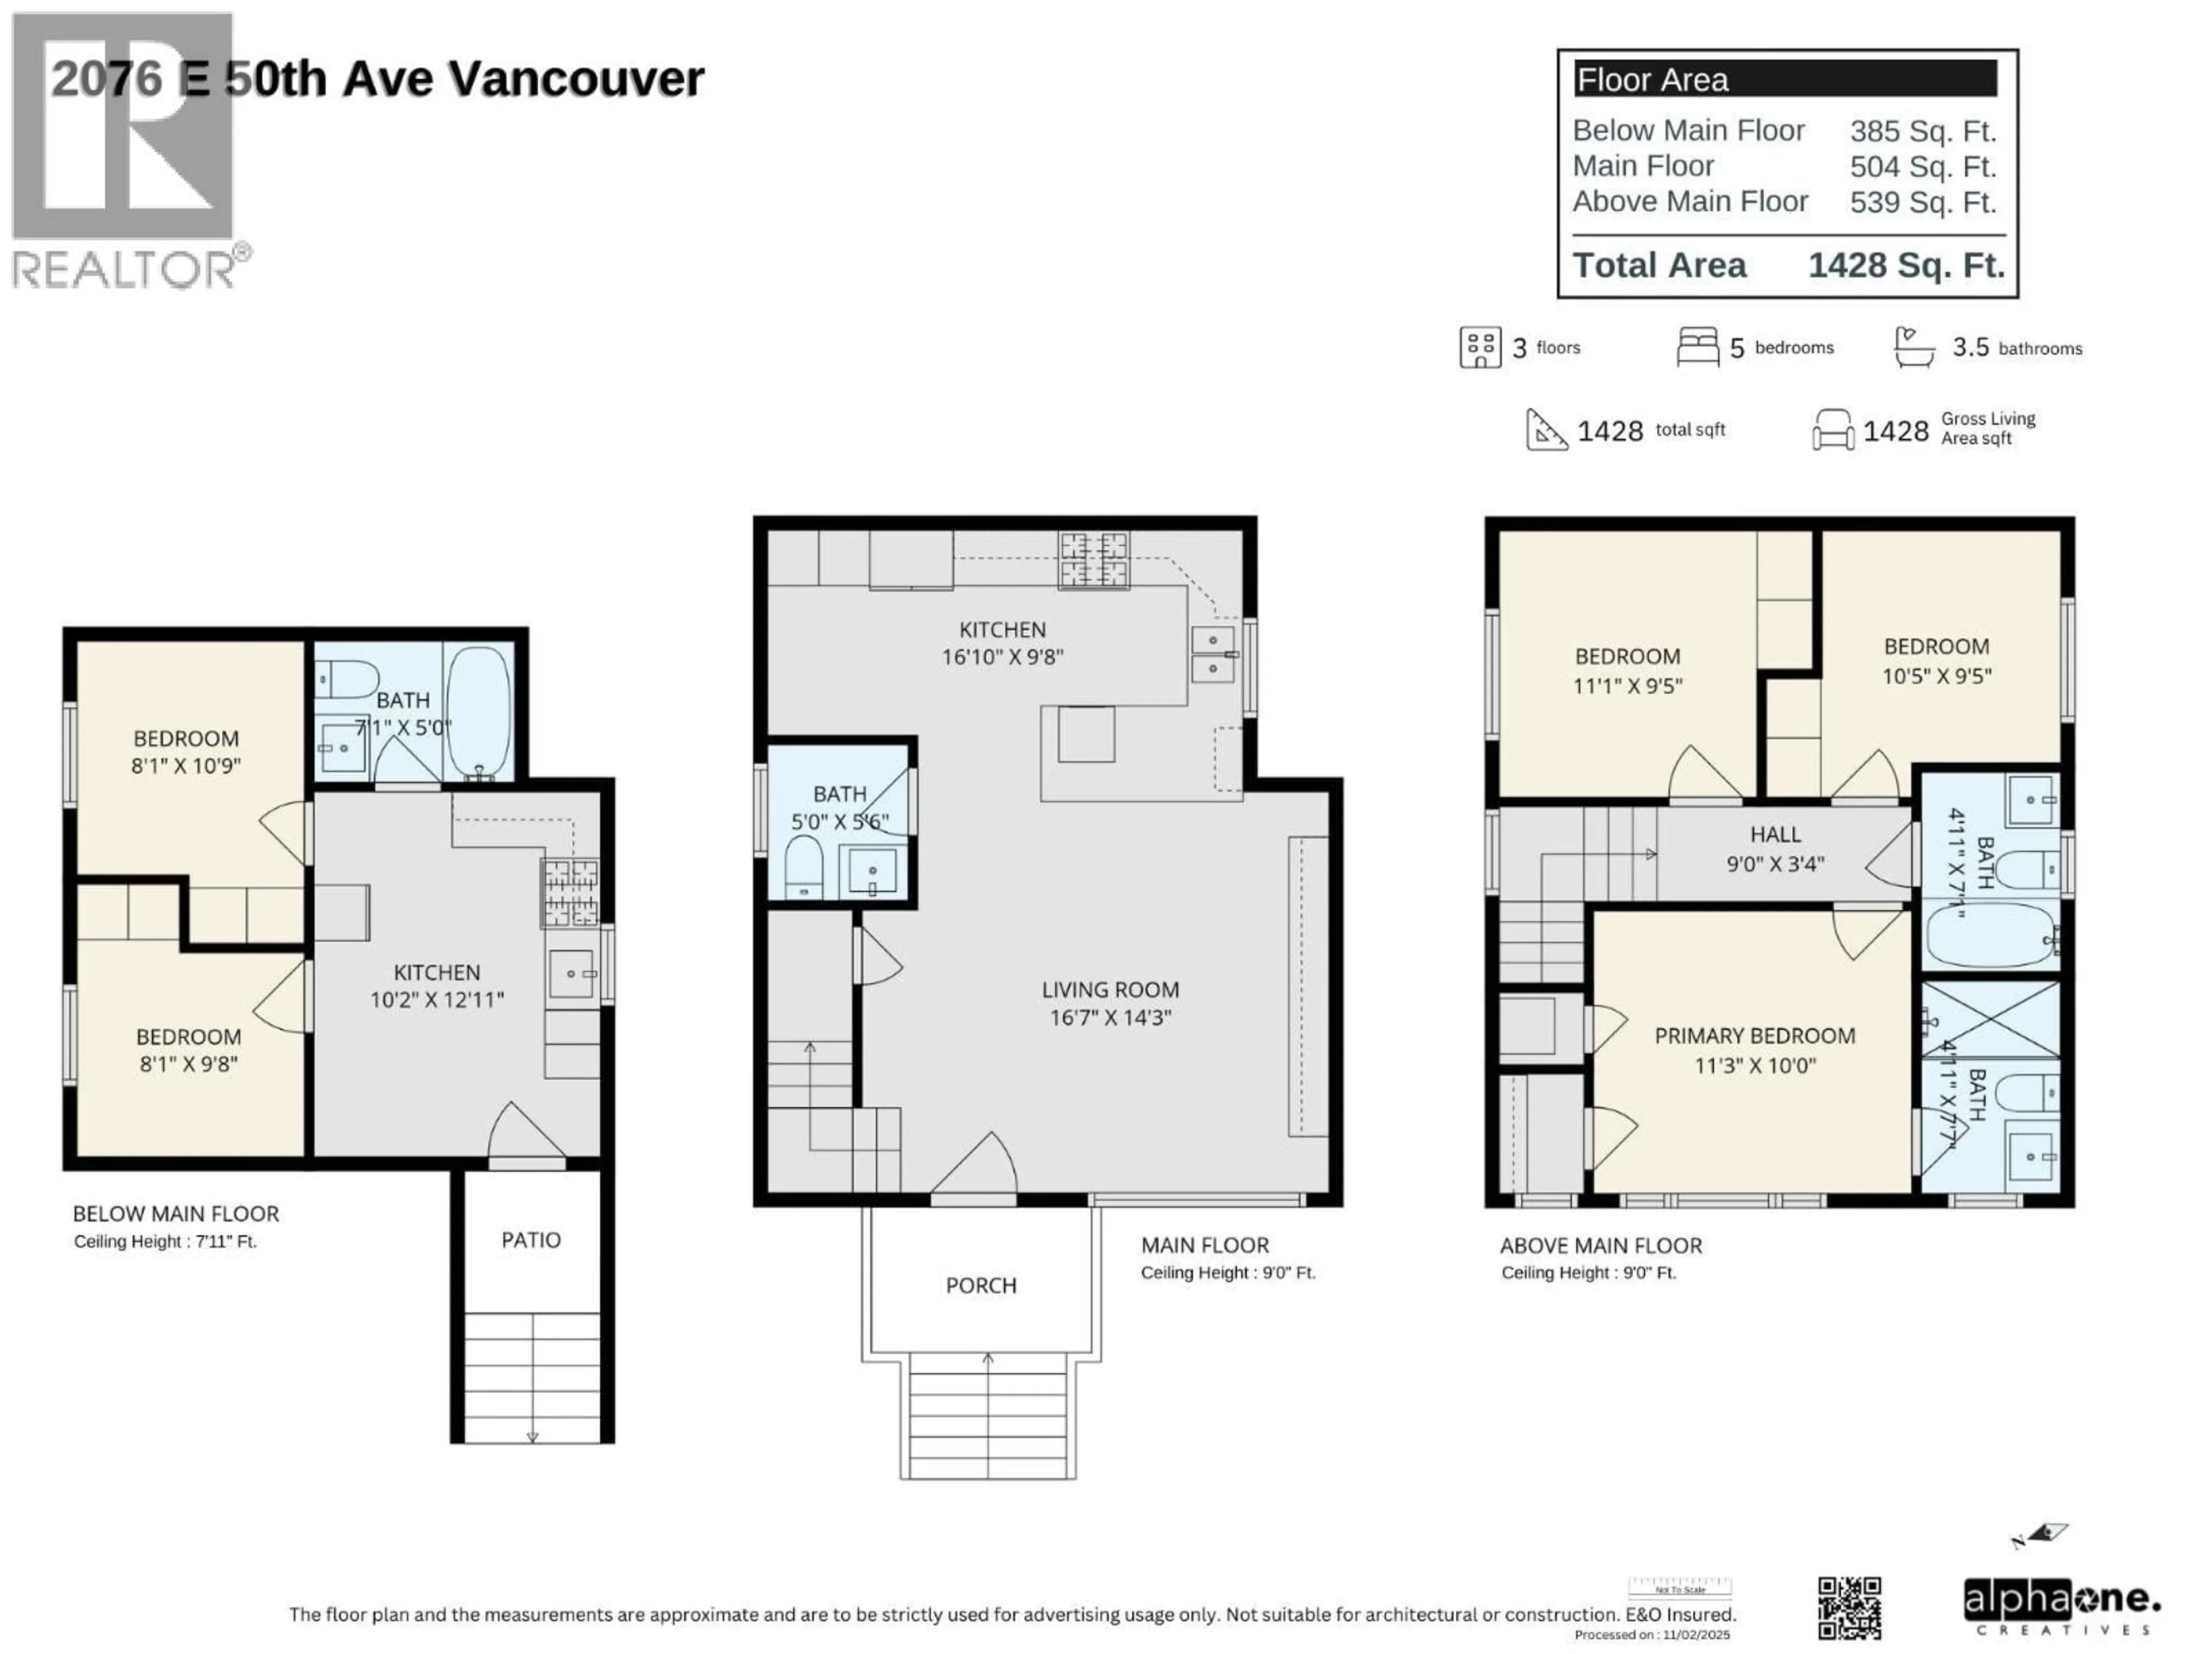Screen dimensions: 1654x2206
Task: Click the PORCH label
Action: pyautogui.click(x=980, y=1285)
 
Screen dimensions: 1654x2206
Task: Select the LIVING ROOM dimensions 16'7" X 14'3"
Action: pyautogui.click(x=1110, y=1018)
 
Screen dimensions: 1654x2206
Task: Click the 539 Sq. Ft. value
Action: pyautogui.click(x=1922, y=202)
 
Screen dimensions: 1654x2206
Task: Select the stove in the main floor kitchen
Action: pyautogui.click(x=1094, y=559)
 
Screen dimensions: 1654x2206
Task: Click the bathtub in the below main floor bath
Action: pyautogui.click(x=479, y=710)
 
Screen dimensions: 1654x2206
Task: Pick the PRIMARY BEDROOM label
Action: pyautogui.click(x=1754, y=1036)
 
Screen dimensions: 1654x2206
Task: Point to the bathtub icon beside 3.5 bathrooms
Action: pyautogui.click(x=1914, y=347)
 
